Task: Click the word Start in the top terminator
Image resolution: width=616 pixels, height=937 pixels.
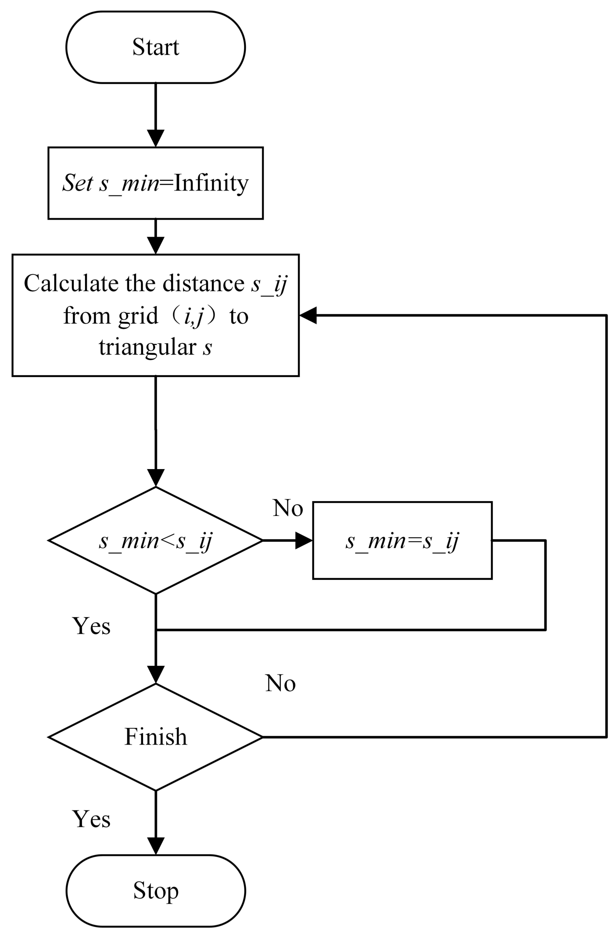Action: pyautogui.click(x=156, y=47)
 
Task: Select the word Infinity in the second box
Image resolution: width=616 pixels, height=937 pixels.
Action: pyautogui.click(x=211, y=183)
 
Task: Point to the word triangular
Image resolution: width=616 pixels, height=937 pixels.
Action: pyautogui.click(x=147, y=348)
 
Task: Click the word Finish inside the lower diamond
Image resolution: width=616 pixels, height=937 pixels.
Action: pyautogui.click(x=156, y=737)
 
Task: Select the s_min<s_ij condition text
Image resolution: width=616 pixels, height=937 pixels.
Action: pyautogui.click(x=156, y=541)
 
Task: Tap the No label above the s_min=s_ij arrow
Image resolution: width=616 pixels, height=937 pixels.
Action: pyautogui.click(x=288, y=508)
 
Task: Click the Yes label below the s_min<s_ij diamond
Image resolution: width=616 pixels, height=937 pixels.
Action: pyautogui.click(x=91, y=626)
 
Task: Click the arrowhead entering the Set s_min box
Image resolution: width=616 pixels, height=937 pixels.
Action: pyautogui.click(x=156, y=139)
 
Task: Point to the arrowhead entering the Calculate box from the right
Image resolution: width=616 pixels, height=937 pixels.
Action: pyautogui.click(x=308, y=315)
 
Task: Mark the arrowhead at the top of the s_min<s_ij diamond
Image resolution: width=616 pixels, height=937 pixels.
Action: pyautogui.click(x=156, y=478)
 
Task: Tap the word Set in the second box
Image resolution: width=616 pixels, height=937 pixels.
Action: pyautogui.click(x=78, y=183)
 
